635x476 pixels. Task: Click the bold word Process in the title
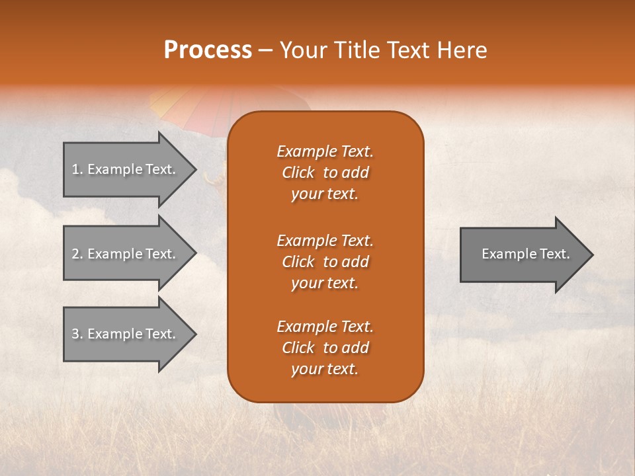coord(208,50)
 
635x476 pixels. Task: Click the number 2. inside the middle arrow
coord(77,254)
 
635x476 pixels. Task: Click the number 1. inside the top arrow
coord(77,169)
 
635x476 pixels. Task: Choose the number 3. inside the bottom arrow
coord(77,334)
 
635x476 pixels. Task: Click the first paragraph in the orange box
coord(325,173)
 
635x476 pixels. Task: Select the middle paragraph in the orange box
coord(325,262)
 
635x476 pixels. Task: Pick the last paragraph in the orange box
coord(325,348)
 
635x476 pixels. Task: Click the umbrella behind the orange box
coord(192,106)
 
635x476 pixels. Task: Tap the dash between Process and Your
coord(265,50)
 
